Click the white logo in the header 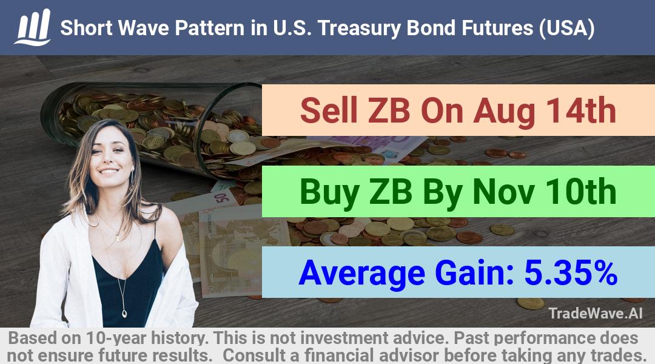click(x=33, y=27)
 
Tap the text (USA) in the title click(x=566, y=29)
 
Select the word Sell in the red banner click(x=329, y=110)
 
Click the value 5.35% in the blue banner click(x=571, y=272)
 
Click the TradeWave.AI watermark click(x=596, y=313)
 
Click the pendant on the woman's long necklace click(x=124, y=312)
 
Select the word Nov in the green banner click(x=503, y=192)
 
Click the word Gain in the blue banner click(x=474, y=272)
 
